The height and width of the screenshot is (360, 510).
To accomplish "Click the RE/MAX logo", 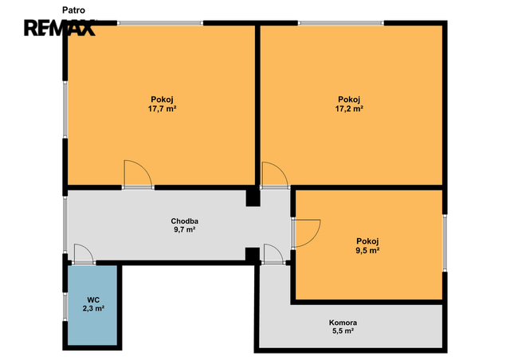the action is tap(60, 28).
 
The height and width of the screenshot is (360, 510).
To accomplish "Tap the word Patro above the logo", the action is tap(74, 10).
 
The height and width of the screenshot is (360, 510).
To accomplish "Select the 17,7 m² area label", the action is tap(162, 108).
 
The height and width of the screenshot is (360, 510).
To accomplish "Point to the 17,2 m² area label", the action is tap(349, 108).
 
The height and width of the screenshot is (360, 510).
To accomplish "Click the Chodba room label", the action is tap(185, 221).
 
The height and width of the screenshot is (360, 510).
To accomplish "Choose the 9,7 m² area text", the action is tap(184, 229).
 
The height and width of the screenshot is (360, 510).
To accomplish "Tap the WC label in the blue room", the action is tap(93, 299).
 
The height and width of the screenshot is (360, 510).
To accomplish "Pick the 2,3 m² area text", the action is tap(93, 308).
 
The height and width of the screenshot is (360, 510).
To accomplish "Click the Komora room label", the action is tap(343, 323).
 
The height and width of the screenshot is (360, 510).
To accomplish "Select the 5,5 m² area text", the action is tap(343, 331).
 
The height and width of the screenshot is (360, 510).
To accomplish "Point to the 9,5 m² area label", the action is tap(367, 250).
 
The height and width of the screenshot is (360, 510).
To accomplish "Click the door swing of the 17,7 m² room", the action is tap(138, 174).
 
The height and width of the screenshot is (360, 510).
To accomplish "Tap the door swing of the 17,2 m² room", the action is tap(275, 174).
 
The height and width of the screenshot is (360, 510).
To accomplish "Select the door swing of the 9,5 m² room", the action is tap(306, 233).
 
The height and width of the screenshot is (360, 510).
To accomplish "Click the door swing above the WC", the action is tap(84, 253).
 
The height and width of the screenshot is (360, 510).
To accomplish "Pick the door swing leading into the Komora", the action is tap(274, 253).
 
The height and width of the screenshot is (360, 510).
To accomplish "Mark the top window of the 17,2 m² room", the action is tap(341, 23).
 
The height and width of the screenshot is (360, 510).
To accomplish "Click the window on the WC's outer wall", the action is tap(65, 307).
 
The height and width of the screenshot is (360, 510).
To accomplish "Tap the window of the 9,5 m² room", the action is tap(445, 243).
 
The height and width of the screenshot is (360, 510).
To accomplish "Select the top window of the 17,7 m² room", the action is tap(160, 23).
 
